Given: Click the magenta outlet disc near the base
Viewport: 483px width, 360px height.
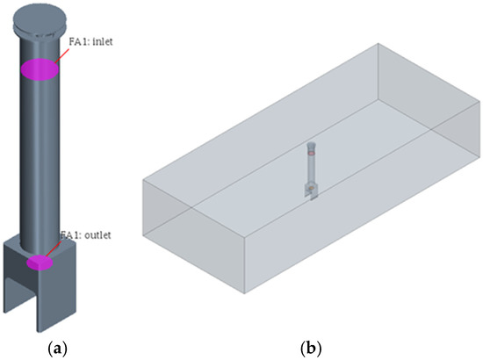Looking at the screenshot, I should (40, 263).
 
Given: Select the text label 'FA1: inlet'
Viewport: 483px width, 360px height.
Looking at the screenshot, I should (90, 41).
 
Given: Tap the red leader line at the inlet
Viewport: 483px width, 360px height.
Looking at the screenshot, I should (61, 55).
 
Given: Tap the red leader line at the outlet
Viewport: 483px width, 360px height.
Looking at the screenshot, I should (56, 248).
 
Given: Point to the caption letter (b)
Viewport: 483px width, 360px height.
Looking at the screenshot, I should (310, 349).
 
